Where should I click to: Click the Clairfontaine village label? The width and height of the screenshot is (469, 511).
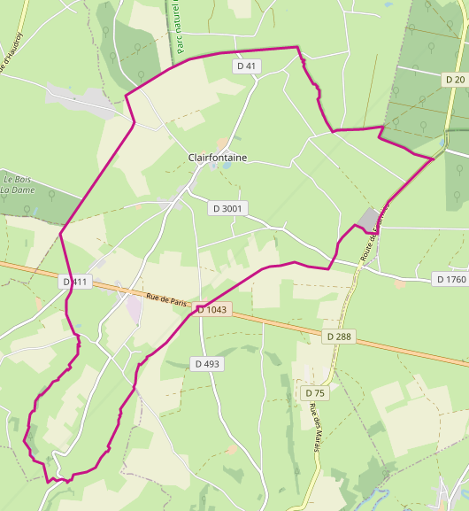[218, 158]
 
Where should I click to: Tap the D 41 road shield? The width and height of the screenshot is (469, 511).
[247, 66]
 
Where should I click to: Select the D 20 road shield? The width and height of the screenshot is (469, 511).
[455, 80]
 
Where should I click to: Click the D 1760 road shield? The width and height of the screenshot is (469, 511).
[450, 279]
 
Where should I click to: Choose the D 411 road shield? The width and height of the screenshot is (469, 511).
[77, 282]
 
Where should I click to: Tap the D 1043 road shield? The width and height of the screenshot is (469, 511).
[212, 310]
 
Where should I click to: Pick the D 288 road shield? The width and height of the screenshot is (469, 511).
[339, 337]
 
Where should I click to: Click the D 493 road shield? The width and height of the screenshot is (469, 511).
[207, 364]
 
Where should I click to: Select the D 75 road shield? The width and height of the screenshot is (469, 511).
[315, 392]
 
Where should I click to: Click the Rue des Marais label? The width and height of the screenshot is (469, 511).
[314, 429]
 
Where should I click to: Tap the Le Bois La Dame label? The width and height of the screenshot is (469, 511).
[17, 183]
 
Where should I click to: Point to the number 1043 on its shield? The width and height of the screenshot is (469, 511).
[216, 310]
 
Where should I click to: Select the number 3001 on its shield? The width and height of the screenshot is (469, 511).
[233, 208]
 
